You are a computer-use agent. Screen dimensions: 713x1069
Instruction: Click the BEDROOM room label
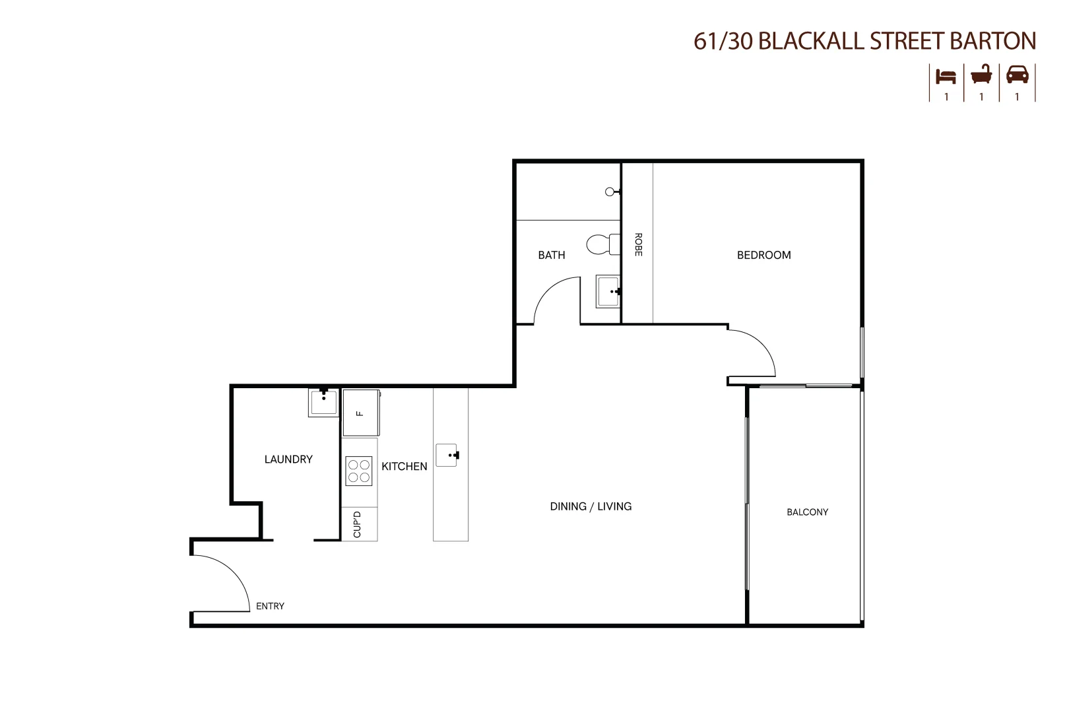pos(763,255)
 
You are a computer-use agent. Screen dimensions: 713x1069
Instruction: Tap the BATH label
pos(551,255)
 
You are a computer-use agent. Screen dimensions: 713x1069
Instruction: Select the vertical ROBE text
pos(638,244)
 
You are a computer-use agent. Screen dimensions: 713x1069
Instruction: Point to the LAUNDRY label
pos(288,459)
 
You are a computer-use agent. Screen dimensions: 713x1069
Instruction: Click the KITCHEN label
pos(404,466)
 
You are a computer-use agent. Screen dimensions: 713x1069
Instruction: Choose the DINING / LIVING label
pos(591,506)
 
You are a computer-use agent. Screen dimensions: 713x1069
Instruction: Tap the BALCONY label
pos(807,512)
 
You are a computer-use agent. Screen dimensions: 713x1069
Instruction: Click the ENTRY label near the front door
pos(270,606)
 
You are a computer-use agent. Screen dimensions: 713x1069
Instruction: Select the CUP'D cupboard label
pos(358,524)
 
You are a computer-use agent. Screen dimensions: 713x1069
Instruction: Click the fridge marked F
pos(360,413)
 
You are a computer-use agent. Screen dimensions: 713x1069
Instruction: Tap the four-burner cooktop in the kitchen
pos(359,471)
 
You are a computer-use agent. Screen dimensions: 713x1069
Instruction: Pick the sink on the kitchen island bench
pos(447,455)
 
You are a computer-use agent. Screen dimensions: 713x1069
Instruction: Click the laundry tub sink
pos(323,402)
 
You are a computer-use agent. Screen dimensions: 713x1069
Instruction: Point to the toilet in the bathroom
pos(602,244)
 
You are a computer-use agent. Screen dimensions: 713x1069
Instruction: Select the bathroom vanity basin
pos(608,291)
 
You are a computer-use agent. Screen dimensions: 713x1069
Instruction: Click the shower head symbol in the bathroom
pos(610,192)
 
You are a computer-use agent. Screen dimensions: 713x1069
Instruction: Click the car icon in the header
pos(1017,75)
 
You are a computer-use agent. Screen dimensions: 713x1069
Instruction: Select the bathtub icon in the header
pos(981,75)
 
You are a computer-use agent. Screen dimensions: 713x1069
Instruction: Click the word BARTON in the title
pos(992,41)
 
